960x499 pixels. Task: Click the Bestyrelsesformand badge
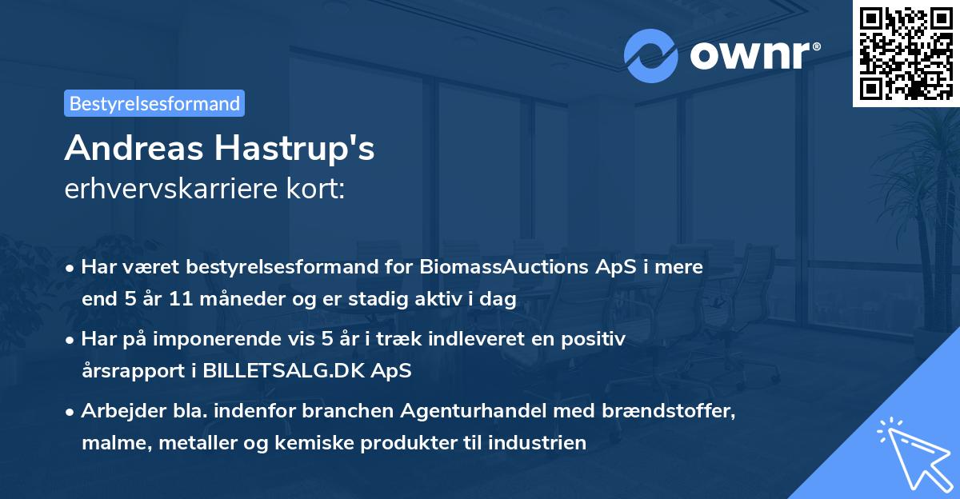[154, 103]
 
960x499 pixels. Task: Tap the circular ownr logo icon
[651, 56]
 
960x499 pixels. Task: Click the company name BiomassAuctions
[501, 268]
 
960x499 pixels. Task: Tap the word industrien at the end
[546, 442]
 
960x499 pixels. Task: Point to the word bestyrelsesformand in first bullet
[289, 268]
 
